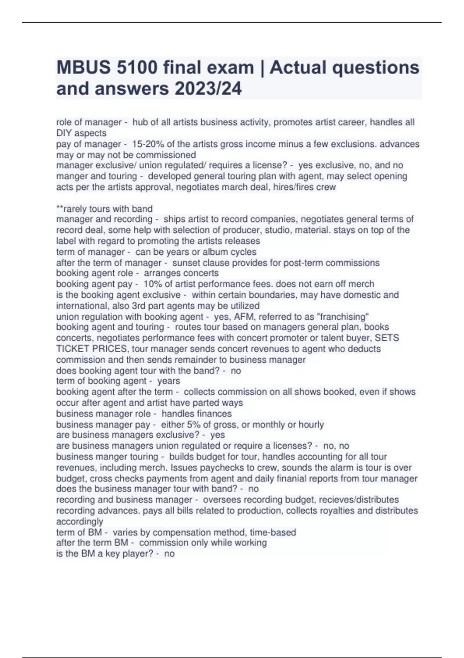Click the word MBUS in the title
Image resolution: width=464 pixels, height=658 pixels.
tap(82, 68)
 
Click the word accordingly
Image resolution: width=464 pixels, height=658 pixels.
tap(80, 521)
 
